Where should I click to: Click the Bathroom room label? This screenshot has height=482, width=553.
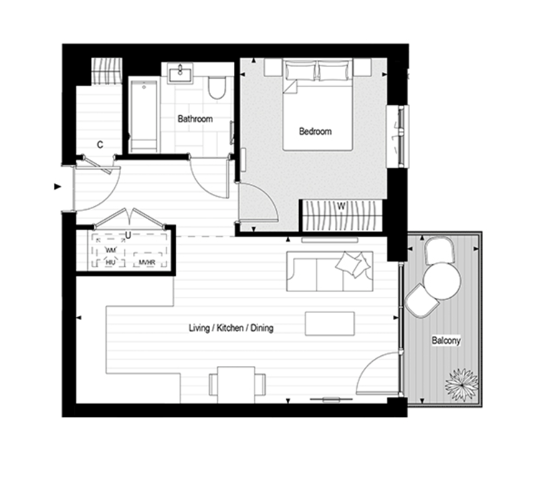tap(195, 119)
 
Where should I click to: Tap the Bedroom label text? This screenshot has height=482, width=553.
tap(316, 132)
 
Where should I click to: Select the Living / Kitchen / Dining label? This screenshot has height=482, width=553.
tap(231, 328)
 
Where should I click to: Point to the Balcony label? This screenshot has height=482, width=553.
tap(446, 340)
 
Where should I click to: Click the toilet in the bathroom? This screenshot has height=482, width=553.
tap(217, 88)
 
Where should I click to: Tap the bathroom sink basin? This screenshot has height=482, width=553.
tap(181, 74)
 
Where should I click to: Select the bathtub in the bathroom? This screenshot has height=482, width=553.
tap(144, 115)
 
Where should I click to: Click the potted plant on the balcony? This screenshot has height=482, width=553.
tap(461, 384)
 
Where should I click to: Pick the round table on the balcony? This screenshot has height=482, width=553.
tap(442, 281)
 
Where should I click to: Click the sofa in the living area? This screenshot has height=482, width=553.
tap(330, 271)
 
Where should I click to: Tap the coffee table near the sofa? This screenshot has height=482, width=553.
tap(330, 323)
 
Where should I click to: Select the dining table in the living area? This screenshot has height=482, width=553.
tap(236, 385)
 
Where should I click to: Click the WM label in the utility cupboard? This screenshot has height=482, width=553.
tap(111, 250)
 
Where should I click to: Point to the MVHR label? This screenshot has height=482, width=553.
tap(147, 262)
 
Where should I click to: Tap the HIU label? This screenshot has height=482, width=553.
tap(110, 262)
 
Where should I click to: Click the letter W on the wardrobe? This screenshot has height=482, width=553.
tap(341, 206)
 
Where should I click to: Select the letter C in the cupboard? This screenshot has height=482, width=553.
tap(100, 145)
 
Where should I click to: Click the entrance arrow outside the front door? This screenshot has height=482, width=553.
tap(58, 187)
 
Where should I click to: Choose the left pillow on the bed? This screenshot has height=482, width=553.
tap(301, 70)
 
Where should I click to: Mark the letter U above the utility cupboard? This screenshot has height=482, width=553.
tap(128, 235)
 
